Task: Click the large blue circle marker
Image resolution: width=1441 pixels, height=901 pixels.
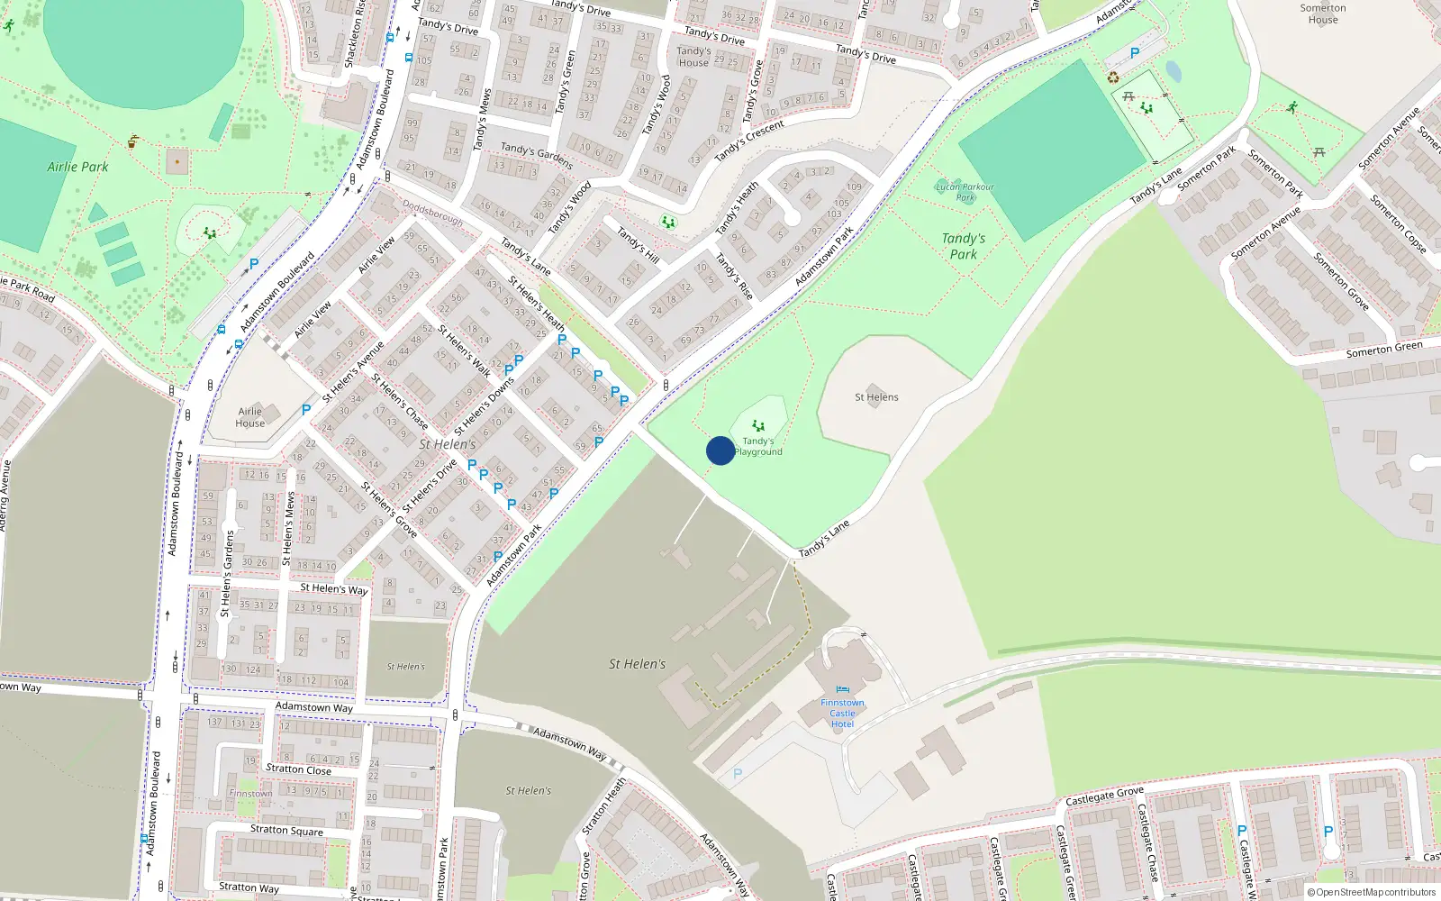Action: (720, 450)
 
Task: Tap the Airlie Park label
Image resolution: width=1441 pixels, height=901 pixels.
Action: (77, 167)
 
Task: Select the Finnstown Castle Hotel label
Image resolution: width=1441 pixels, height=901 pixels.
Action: (842, 713)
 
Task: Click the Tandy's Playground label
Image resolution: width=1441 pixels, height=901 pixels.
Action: (758, 447)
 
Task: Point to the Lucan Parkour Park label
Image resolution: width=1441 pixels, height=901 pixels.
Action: (965, 192)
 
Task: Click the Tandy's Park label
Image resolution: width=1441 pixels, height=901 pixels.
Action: (963, 246)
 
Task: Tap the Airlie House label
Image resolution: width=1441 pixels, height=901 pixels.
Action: (249, 417)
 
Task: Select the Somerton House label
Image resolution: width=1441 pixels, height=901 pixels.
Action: (1322, 14)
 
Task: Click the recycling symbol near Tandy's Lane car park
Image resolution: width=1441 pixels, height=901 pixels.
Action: (1112, 77)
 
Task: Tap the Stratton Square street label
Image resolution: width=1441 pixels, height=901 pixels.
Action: (286, 830)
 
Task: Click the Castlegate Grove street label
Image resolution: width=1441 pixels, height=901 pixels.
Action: (1104, 796)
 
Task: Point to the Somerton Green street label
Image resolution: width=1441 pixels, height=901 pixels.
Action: (1384, 350)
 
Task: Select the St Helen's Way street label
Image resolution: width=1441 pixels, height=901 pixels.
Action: (333, 588)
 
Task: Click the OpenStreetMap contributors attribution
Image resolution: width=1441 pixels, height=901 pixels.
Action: (1371, 892)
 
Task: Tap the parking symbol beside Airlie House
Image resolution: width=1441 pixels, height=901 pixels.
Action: (306, 410)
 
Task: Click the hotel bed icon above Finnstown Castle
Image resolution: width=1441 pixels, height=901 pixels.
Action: (842, 690)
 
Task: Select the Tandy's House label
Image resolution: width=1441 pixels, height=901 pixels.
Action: (693, 57)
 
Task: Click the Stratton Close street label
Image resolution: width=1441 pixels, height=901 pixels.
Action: (298, 769)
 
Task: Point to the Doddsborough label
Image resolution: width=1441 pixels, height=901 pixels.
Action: (432, 213)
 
